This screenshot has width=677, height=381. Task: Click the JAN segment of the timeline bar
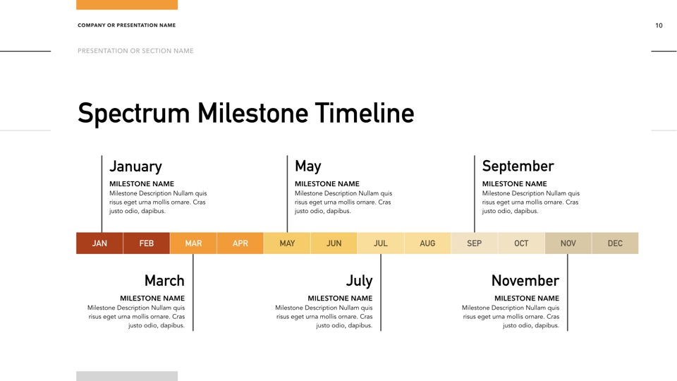click(x=99, y=243)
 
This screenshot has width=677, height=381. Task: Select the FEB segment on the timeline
click(x=147, y=243)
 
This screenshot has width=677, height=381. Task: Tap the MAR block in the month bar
click(x=193, y=243)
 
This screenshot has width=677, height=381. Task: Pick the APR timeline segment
click(x=240, y=243)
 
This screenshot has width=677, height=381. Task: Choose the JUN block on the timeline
click(x=334, y=243)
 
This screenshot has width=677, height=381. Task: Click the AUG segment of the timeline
click(x=427, y=243)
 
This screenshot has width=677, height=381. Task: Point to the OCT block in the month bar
click(x=521, y=243)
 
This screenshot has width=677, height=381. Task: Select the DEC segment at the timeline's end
click(x=615, y=243)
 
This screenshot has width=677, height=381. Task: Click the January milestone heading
click(x=135, y=167)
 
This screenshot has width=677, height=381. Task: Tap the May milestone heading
click(x=308, y=167)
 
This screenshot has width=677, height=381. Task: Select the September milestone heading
click(x=518, y=167)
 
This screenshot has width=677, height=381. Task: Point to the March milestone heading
click(x=164, y=281)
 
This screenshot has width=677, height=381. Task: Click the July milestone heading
click(x=359, y=282)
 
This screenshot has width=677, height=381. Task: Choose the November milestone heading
click(x=525, y=281)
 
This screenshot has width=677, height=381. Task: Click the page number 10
click(x=659, y=25)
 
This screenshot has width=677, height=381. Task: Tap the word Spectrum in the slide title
click(x=134, y=114)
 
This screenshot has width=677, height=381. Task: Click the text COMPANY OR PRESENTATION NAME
click(x=126, y=25)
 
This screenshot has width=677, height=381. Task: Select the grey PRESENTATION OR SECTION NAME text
click(x=135, y=51)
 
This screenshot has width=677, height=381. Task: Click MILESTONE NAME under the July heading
click(x=340, y=298)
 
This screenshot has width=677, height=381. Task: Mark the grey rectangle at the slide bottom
click(x=127, y=376)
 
